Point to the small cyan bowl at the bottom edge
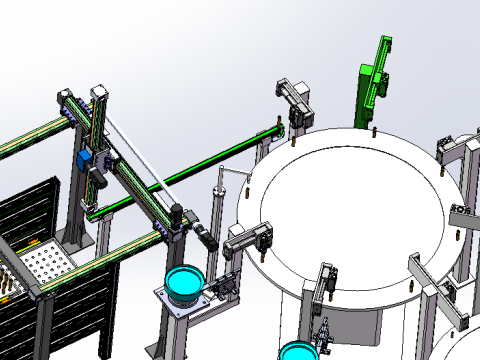coord(297,352)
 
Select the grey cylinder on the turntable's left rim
coord(250,238)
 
